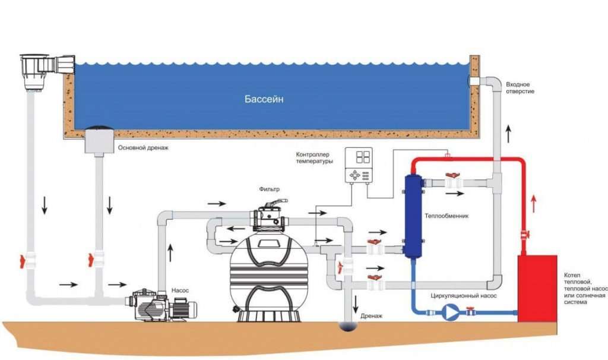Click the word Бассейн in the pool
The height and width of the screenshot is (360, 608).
[x=264, y=99]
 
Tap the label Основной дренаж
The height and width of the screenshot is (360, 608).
[x=143, y=148]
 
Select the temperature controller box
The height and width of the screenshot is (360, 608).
[x=359, y=165]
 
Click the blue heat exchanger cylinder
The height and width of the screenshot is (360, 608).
[x=413, y=216]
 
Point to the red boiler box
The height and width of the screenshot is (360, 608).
[x=537, y=288]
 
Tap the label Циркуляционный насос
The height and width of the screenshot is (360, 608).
[x=463, y=296]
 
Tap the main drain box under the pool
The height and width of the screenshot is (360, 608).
[x=99, y=140]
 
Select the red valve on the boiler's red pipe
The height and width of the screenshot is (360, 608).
[x=525, y=235]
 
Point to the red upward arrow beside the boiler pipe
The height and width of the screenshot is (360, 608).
[x=534, y=204]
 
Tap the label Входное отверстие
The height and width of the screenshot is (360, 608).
[x=520, y=88]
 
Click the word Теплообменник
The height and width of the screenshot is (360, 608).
[x=446, y=216]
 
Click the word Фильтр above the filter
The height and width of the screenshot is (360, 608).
[x=269, y=190]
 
